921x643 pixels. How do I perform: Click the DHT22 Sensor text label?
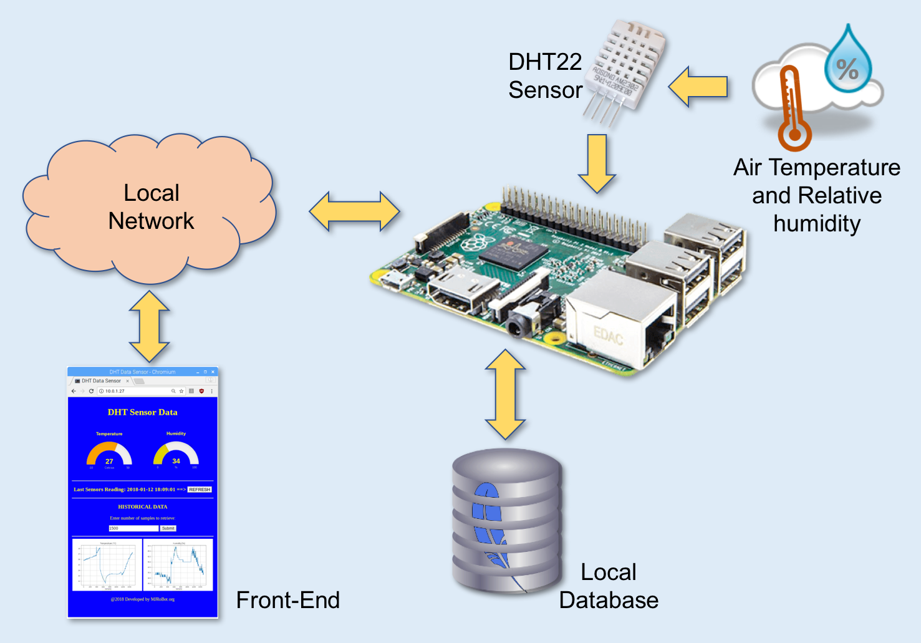tap(545, 75)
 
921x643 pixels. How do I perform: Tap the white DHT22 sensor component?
tap(626, 66)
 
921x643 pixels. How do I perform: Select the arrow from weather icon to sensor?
tap(698, 87)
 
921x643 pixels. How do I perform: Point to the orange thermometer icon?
tap(793, 110)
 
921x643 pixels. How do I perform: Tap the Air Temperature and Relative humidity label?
tap(817, 195)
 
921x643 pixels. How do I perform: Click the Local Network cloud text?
tap(151, 206)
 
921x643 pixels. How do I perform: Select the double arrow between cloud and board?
tap(354, 211)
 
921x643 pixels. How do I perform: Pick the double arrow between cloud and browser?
tap(150, 326)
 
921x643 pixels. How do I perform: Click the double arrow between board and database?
tap(505, 394)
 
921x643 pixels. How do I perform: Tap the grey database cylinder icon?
tap(507, 521)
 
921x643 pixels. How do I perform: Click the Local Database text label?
tap(608, 586)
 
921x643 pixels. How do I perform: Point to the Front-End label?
tap(287, 600)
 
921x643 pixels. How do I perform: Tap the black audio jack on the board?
tap(523, 322)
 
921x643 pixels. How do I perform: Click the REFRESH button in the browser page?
tap(200, 490)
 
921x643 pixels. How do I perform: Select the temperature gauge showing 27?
tap(109, 454)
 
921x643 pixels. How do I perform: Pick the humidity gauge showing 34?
tap(176, 454)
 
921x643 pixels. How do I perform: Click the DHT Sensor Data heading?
tap(142, 412)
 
